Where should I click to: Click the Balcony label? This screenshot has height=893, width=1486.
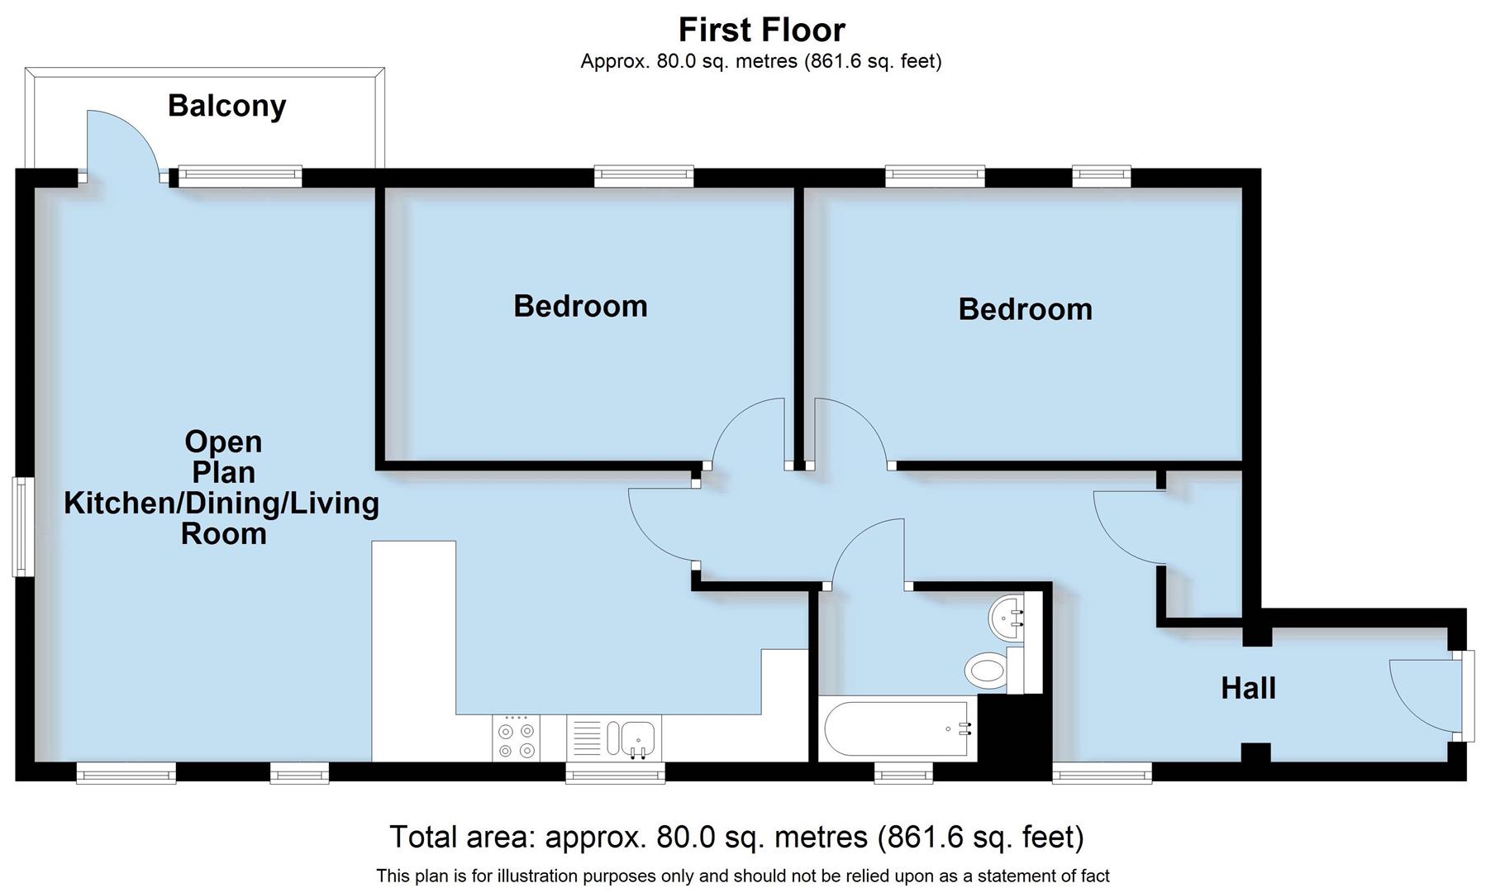point(226,106)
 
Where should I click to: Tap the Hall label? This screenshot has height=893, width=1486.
point(1248,688)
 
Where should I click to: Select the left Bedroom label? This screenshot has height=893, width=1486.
point(580,306)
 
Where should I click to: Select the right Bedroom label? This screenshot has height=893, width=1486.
point(1025,309)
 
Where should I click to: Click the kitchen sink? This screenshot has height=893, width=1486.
point(632,738)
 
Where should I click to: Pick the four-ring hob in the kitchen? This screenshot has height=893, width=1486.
point(517,738)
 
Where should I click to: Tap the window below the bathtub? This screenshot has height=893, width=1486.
point(903,774)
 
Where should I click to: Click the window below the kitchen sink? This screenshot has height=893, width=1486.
point(615,774)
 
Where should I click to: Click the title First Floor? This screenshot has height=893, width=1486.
point(761,31)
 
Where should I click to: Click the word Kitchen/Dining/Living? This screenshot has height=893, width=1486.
point(221,503)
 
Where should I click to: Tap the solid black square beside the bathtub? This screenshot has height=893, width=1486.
point(1014,728)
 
